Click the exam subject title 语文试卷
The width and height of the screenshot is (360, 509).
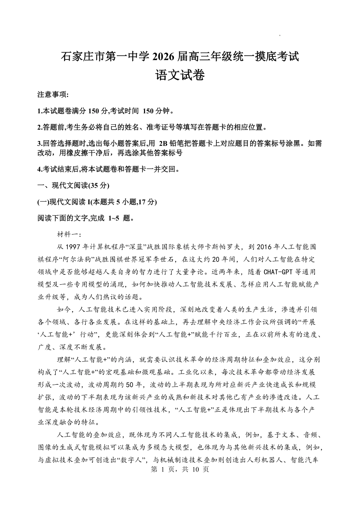[180, 75]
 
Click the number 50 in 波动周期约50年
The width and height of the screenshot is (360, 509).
[129, 385]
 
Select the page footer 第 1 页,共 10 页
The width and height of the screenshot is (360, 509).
[180, 469]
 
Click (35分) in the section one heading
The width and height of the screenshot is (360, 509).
[99, 186]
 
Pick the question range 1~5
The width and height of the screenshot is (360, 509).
[114, 218]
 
